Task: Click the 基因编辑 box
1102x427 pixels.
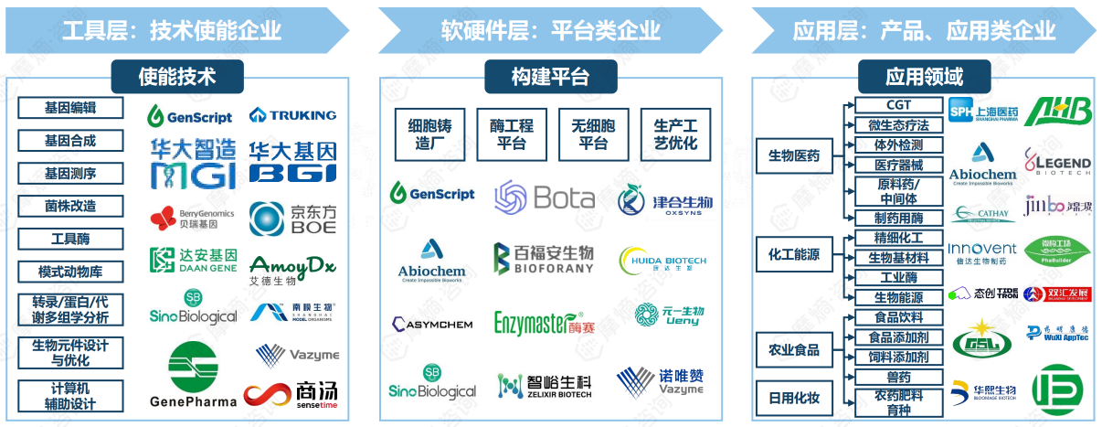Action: coord(70,108)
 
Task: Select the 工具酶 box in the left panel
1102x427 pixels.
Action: coord(70,240)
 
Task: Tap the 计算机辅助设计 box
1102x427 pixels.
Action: coord(70,396)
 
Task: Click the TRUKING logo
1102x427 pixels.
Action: coord(292,115)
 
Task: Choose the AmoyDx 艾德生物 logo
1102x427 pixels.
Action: coord(292,270)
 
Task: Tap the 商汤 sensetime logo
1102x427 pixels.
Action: coord(291,394)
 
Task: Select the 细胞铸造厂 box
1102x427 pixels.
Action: coord(429,134)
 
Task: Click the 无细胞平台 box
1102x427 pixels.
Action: coord(593,134)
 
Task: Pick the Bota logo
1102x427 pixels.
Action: coord(545,197)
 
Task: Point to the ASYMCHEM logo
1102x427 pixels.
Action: coord(432,324)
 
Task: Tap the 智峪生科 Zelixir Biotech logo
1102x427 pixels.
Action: coord(545,385)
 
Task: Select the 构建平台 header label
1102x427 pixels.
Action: coord(550,76)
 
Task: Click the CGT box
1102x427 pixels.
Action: coord(898,106)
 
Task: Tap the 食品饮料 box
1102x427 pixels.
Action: coord(898,317)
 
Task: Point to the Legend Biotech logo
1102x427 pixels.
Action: coord(1057,162)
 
